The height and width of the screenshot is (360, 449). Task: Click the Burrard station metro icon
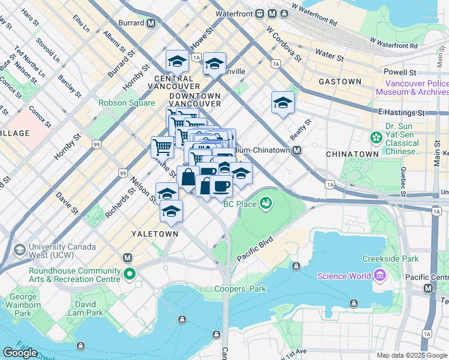pyautogui.click(x=151, y=23)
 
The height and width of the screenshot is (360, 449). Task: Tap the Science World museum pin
pyautogui.click(x=379, y=276)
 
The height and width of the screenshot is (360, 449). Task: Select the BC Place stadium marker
pyautogui.click(x=265, y=205)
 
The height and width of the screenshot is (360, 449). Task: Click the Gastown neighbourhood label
pyautogui.click(x=340, y=82)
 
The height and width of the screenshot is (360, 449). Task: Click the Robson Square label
pyautogui.click(x=127, y=103)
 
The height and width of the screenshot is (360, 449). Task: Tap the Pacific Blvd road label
pyautogui.click(x=255, y=249)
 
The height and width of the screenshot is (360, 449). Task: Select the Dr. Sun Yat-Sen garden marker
pyautogui.click(x=376, y=138)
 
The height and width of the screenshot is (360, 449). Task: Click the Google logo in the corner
pyautogui.click(x=20, y=352)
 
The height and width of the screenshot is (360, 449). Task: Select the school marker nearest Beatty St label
pyautogui.click(x=283, y=103)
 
